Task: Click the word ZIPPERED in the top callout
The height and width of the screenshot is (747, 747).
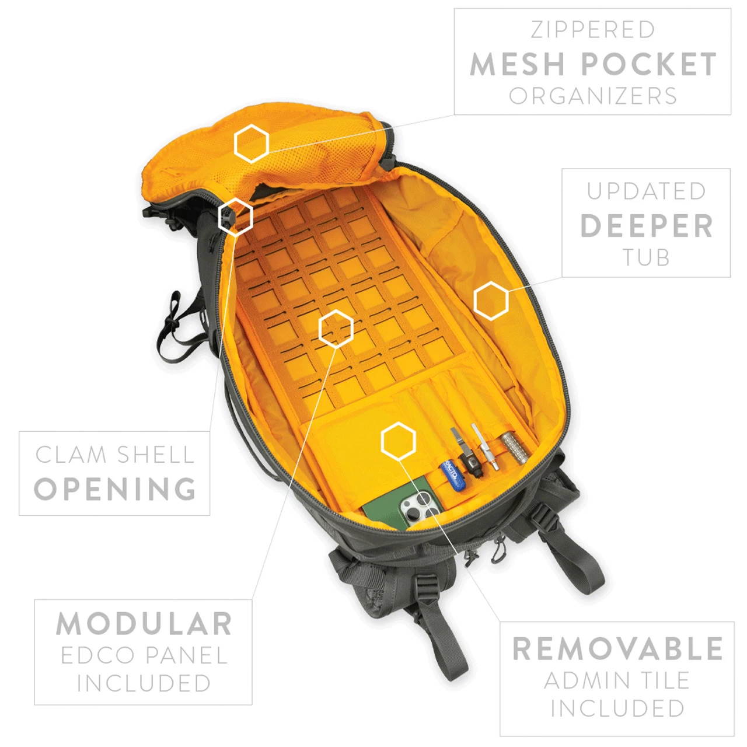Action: (x=593, y=30)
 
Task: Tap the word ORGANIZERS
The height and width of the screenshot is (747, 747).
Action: (x=593, y=96)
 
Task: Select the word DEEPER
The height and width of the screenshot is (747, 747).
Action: (x=646, y=226)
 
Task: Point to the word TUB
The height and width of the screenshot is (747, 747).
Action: (x=646, y=257)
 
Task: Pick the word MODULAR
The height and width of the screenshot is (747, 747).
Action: (x=144, y=624)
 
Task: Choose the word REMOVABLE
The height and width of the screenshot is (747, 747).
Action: (x=617, y=648)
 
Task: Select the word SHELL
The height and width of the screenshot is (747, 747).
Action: (x=155, y=455)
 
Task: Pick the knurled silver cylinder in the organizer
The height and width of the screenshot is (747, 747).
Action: (x=514, y=447)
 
